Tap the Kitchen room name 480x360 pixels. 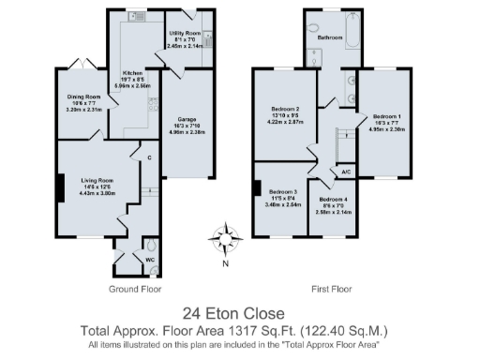tap(131, 73)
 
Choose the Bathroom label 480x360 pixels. tap(329, 37)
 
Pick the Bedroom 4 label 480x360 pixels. tap(334, 200)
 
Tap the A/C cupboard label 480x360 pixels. tap(346, 172)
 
